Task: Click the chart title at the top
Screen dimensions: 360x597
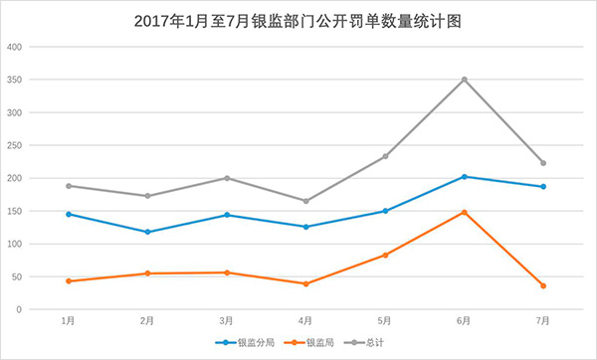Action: point(298,20)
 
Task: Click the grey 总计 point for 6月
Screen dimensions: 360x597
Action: point(464,80)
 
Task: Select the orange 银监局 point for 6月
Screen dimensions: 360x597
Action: point(464,212)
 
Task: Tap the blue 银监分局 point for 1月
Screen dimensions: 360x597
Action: point(68,214)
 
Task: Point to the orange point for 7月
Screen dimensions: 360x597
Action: point(543,285)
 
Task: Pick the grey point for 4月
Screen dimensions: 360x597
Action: point(305,201)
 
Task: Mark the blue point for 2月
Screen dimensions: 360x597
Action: point(147,232)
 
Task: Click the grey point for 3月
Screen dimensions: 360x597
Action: point(227,178)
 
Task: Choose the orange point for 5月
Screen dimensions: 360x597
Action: point(385,255)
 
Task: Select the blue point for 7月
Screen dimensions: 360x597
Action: point(543,187)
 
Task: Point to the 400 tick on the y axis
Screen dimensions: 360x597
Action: point(14,47)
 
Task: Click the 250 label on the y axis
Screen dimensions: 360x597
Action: point(14,145)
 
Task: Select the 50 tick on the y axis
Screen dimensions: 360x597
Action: point(17,276)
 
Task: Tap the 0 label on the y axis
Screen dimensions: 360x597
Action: point(20,309)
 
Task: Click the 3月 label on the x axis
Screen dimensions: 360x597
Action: point(227,321)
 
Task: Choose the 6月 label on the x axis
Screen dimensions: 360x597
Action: point(464,321)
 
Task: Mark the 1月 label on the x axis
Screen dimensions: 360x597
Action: point(68,321)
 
